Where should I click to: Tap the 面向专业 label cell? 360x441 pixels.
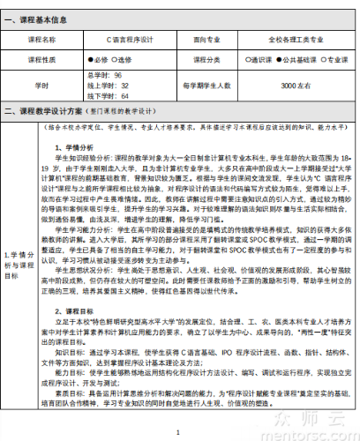[x=206, y=40]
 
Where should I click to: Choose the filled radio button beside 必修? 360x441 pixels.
[x=90, y=59]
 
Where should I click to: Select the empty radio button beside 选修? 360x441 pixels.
[x=113, y=59]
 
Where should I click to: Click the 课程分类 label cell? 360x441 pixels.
[x=206, y=59]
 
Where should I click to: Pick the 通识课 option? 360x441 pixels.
[x=255, y=59]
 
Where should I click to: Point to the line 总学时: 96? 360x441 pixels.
[x=105, y=76]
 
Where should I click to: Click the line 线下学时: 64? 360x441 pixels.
[x=109, y=95]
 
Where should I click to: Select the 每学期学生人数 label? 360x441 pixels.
[x=206, y=86]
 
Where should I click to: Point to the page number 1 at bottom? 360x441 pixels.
[x=179, y=431]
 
